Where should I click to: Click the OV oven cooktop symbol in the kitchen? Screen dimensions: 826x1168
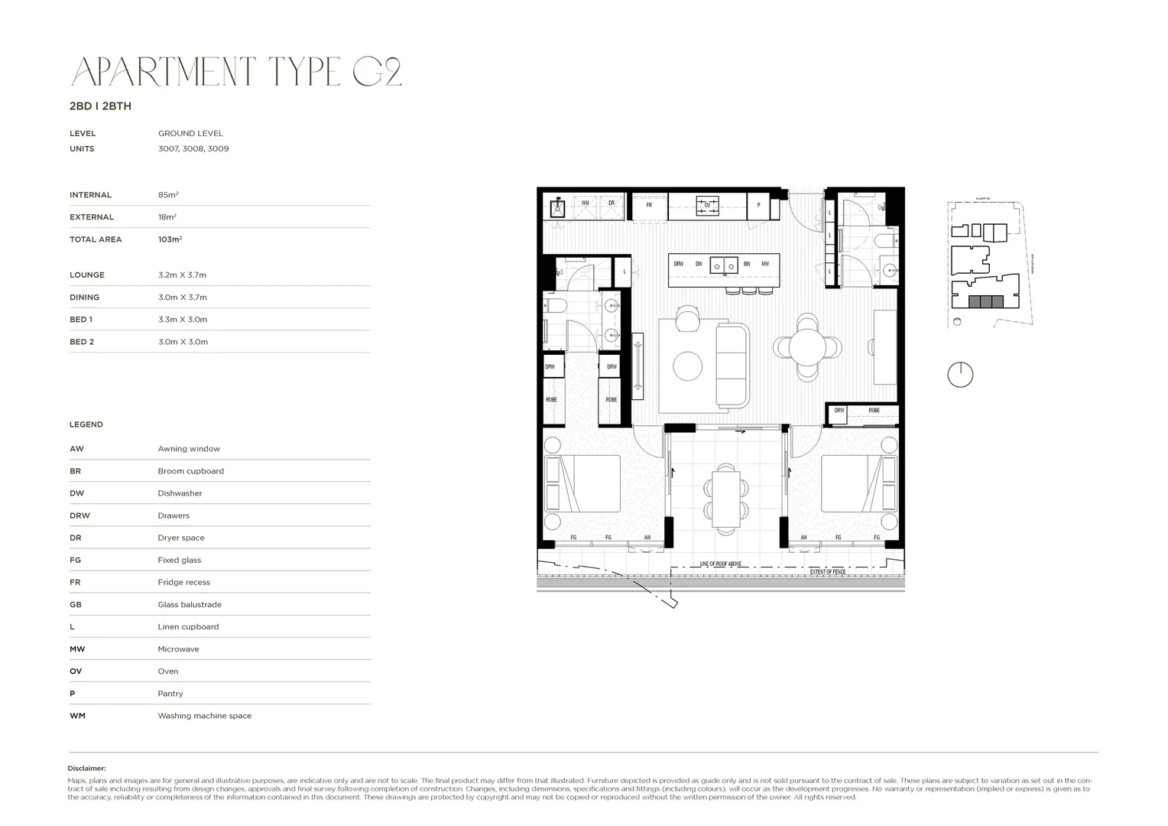tap(707, 204)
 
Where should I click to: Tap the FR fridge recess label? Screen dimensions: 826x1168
tap(649, 205)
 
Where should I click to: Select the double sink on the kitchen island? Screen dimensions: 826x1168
tap(723, 265)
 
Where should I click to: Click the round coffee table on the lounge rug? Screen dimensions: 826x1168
tap(687, 366)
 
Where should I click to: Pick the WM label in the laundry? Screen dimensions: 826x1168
tap(586, 203)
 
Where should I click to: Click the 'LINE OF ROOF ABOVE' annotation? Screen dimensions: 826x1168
tap(721, 564)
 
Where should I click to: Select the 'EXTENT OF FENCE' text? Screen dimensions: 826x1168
tap(829, 572)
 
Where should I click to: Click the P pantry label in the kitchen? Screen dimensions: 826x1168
tap(758, 205)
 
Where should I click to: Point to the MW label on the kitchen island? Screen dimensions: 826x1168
tap(765, 264)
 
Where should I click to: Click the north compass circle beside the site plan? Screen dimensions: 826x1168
tap(960, 375)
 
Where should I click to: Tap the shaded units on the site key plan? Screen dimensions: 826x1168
tap(985, 301)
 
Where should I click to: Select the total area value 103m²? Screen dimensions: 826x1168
tap(170, 239)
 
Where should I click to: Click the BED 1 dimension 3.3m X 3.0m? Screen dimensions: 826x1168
tap(183, 320)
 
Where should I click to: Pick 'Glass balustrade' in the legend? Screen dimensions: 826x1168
tap(190, 604)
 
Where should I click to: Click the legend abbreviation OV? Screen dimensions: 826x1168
tap(76, 672)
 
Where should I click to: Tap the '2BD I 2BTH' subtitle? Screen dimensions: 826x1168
tap(100, 106)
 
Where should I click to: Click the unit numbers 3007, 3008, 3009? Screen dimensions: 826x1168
tap(193, 149)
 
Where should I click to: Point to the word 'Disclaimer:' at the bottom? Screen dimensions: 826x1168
tap(87, 769)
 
